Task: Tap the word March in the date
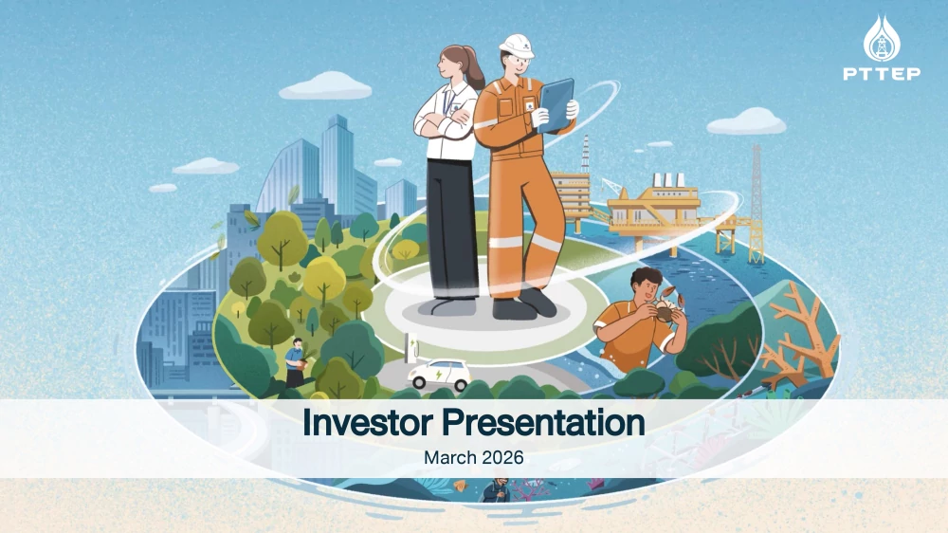[447, 457]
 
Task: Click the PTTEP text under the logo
[881, 73]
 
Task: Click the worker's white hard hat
[517, 45]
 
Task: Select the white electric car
[440, 374]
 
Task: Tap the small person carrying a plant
[296, 360]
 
